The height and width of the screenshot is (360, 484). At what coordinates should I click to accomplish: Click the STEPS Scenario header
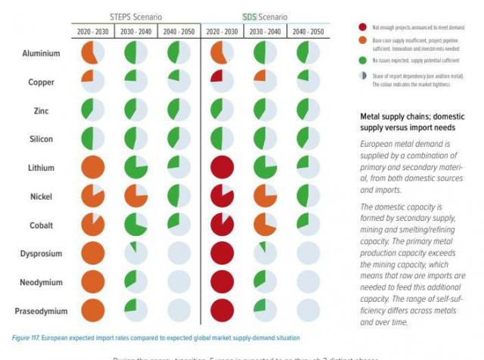click(135, 16)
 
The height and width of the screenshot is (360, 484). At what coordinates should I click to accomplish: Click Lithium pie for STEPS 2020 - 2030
click(92, 166)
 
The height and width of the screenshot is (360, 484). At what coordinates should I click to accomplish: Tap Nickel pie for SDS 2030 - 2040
click(265, 195)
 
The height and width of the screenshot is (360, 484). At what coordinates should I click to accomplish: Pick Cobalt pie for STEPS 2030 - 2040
click(135, 224)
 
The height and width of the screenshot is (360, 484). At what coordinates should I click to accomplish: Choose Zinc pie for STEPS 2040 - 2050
click(179, 110)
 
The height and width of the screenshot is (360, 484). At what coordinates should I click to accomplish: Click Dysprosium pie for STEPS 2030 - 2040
click(135, 253)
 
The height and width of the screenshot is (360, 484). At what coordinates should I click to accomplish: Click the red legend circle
click(363, 26)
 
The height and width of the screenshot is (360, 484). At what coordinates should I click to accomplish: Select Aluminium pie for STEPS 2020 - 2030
click(92, 52)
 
